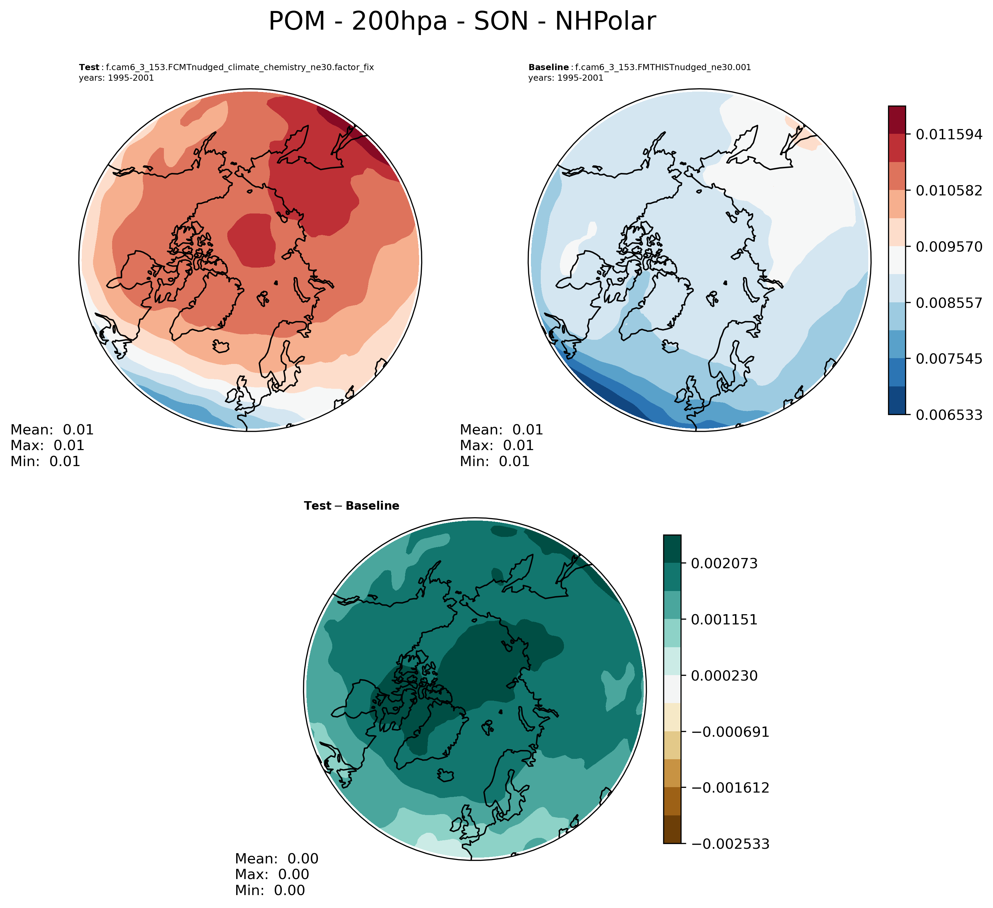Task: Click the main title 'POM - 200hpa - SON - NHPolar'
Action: pos(462,22)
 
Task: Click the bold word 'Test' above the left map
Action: pos(89,67)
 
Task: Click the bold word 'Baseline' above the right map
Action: pos(548,67)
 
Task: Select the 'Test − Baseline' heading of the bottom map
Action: pos(352,506)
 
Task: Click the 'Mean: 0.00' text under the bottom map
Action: pos(276,859)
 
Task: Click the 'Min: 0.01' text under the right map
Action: pos(494,462)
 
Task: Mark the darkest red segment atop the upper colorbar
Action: pos(897,120)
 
